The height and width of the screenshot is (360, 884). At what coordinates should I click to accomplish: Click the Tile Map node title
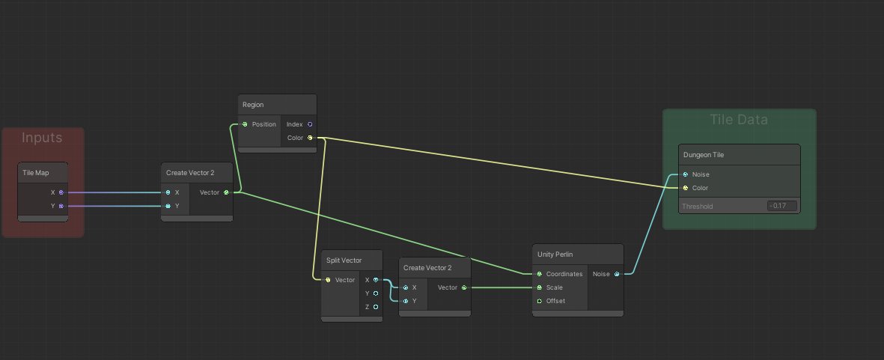(35, 173)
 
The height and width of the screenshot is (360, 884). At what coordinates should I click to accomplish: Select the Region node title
(253, 105)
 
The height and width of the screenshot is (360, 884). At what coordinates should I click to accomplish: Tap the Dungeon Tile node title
(704, 155)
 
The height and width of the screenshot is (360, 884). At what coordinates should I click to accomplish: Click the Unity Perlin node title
(555, 254)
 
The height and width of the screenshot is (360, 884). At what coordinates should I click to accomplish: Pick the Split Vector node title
(344, 261)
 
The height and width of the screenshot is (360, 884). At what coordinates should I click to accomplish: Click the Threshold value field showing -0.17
(782, 207)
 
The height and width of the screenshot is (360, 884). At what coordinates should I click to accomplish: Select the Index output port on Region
(310, 124)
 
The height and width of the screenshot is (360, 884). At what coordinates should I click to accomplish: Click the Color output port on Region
(310, 138)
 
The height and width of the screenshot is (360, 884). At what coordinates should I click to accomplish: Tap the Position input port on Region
(245, 124)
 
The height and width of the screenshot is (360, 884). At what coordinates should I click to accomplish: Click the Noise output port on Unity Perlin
(617, 275)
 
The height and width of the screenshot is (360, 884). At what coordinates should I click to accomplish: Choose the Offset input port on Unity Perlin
(540, 301)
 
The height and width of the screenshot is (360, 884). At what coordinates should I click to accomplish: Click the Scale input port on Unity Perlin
(540, 288)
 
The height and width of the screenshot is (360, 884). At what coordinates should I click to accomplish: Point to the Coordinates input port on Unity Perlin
(540, 275)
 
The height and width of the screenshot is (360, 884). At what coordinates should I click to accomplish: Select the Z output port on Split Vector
(376, 307)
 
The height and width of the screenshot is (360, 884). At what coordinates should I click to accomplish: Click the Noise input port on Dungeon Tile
(686, 174)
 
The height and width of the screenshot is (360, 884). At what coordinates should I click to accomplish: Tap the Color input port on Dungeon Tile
(686, 188)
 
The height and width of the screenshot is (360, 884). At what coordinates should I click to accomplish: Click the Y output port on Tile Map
(61, 207)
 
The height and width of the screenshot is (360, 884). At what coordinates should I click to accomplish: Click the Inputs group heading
(42, 138)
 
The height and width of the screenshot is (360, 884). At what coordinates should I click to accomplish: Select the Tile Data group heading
(739, 120)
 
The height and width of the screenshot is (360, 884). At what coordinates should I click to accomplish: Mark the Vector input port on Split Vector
(328, 280)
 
